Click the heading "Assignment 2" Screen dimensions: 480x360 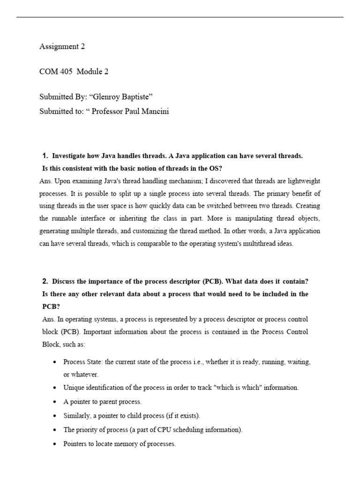[x=62, y=46]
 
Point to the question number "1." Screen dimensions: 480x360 [x=45, y=156]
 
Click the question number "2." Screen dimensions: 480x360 [x=45, y=281]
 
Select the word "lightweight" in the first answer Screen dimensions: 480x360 [x=303, y=181]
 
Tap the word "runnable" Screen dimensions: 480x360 [x=63, y=219]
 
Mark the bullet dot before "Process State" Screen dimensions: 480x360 [x=55, y=363]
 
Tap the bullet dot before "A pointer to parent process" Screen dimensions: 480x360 [x=55, y=402]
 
